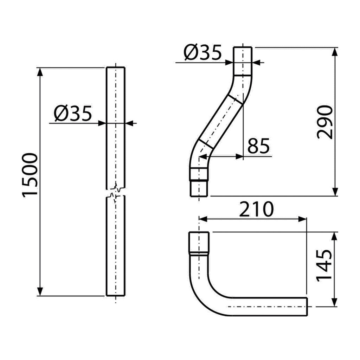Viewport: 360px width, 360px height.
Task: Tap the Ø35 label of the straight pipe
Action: pyautogui.click(x=73, y=114)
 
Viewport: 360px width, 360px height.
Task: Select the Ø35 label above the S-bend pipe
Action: pyautogui.click(x=202, y=52)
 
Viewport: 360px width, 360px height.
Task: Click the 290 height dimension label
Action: pyautogui.click(x=324, y=122)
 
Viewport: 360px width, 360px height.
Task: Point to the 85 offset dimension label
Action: pyautogui.click(x=258, y=146)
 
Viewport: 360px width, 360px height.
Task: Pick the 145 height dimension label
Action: pyautogui.click(x=324, y=265)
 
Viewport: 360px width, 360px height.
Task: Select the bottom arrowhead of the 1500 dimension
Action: pyautogui.click(x=40, y=291)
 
